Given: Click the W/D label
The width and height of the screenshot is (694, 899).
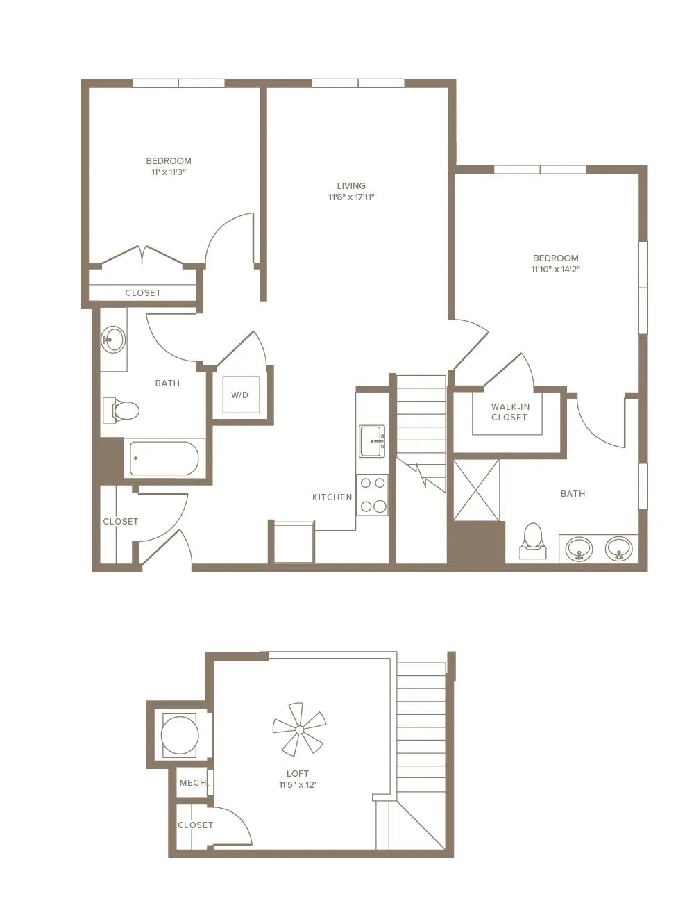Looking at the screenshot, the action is click(239, 395).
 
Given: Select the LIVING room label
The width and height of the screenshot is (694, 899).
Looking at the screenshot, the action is click(351, 185).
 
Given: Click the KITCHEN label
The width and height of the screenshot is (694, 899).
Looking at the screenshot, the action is click(332, 497).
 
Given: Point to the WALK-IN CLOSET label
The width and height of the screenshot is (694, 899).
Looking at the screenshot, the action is click(509, 412).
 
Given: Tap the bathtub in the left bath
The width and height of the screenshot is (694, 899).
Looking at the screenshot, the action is click(164, 459).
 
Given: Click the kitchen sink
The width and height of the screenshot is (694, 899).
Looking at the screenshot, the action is click(372, 441).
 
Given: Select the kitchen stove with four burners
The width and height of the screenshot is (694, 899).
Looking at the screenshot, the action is click(373, 495).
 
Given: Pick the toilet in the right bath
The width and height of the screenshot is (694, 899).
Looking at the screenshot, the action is click(533, 537).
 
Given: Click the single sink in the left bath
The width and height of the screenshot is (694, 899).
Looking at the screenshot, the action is click(112, 340).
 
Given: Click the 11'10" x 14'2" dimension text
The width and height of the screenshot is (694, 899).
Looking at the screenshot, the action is click(556, 270).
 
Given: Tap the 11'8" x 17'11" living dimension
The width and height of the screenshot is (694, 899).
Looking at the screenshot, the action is click(351, 197).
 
